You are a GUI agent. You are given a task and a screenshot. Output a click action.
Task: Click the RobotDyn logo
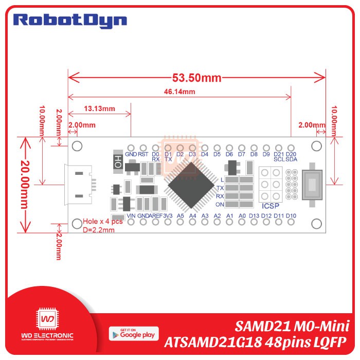[69, 21]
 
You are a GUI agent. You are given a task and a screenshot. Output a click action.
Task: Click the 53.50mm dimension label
[196, 78]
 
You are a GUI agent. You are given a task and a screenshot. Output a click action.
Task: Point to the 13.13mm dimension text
[99, 109]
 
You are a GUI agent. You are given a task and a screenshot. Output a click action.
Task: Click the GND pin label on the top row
[131, 154]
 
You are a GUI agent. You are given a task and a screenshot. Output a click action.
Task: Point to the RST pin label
[143, 154]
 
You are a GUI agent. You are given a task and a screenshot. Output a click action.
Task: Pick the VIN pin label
[131, 215]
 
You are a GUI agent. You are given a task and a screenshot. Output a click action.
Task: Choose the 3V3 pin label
[168, 215]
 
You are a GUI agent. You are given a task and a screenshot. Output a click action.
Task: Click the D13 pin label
[254, 215]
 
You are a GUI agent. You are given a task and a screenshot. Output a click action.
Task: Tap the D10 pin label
[291, 215]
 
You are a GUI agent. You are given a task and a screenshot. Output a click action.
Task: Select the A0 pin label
[242, 215]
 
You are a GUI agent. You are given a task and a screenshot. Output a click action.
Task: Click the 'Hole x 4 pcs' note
[102, 222]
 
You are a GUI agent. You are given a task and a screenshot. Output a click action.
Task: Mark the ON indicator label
[220, 205]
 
